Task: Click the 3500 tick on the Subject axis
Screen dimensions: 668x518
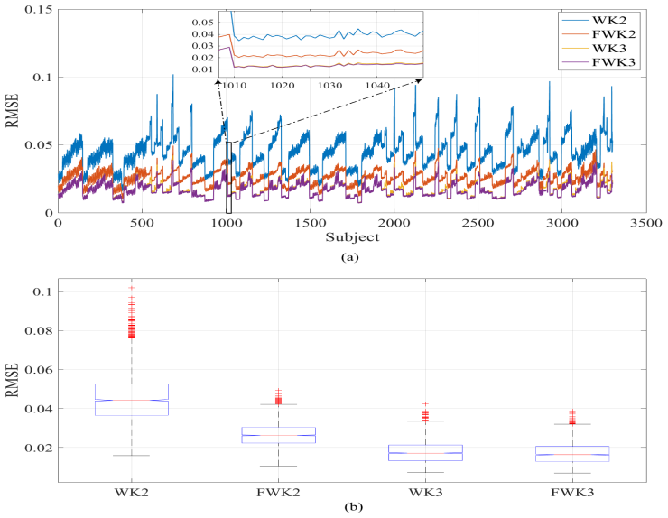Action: coord(646,223)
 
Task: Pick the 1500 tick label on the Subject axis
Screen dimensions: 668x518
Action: coord(310,223)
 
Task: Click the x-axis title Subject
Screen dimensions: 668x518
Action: coord(352,236)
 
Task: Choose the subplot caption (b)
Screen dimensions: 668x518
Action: coord(354,507)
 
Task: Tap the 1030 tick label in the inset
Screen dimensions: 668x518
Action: coord(330,86)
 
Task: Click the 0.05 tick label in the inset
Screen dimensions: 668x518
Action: coord(203,22)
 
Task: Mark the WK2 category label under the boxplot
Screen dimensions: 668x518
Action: coord(132,493)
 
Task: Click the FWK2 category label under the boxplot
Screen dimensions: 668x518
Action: coord(278,493)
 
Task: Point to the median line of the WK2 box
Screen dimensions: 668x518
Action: coord(132,400)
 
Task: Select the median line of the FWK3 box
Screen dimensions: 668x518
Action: coord(572,455)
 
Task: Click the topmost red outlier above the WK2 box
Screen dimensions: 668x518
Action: coord(132,288)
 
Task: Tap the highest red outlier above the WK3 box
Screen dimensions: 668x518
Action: coord(425,403)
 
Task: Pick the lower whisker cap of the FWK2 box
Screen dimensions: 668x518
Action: coord(278,466)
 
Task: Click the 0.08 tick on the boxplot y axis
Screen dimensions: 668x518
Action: coord(38,330)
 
